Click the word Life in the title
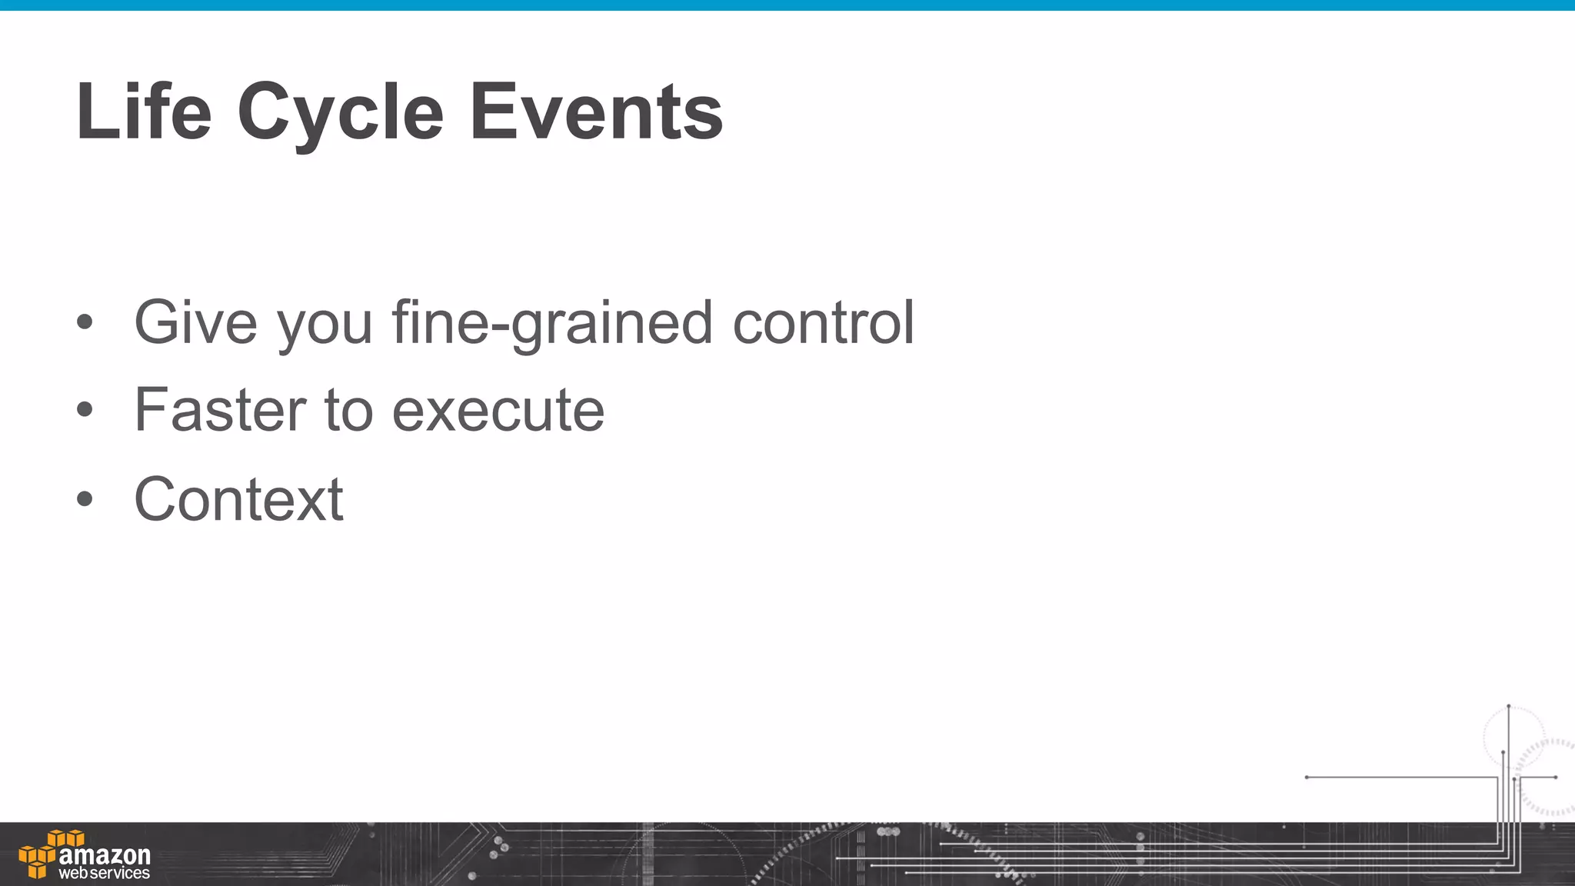(x=144, y=112)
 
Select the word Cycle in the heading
(x=340, y=114)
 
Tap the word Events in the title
(x=596, y=112)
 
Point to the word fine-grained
(x=551, y=324)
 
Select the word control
(x=823, y=322)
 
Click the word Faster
(x=220, y=410)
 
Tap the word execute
(x=498, y=411)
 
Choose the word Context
(x=238, y=499)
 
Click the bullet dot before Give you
(x=85, y=323)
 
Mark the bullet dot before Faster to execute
(x=85, y=411)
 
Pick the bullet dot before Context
(x=85, y=499)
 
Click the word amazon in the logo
(x=105, y=855)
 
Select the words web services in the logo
(x=105, y=874)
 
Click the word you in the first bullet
(x=325, y=324)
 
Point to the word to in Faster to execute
(x=348, y=411)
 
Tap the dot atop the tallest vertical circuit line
(x=1509, y=706)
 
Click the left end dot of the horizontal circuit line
(x=1307, y=778)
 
